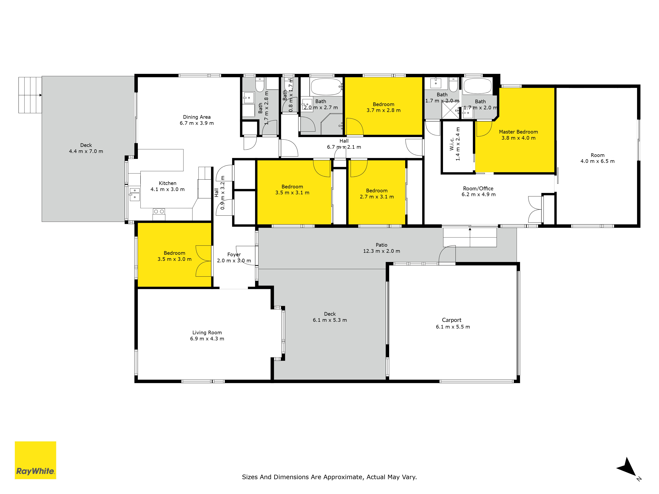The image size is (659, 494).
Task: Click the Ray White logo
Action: coord(35,460)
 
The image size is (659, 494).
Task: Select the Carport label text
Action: coord(452,320)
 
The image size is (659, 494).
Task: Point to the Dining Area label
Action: coord(197,117)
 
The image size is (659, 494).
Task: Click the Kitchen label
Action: coord(167,183)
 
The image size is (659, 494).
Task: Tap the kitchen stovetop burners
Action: coord(159,211)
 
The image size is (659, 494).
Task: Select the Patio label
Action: coord(381,245)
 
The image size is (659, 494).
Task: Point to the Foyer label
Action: coord(234,255)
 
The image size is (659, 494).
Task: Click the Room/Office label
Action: coord(478,189)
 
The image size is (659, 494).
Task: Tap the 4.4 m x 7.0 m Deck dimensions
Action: coord(86,151)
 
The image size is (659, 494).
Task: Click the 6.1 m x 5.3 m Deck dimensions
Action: coord(330,320)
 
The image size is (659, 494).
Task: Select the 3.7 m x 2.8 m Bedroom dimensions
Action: coord(383,110)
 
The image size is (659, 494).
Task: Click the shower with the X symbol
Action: coord(450,110)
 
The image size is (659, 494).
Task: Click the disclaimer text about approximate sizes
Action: coord(329,477)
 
